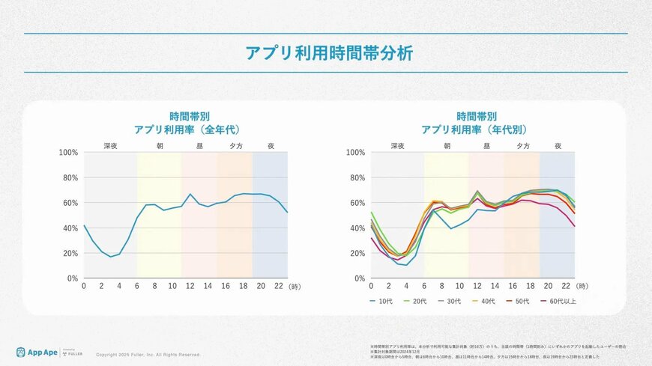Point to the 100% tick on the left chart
[x=69, y=153]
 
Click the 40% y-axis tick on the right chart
[x=357, y=228]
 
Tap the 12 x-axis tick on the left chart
[x=190, y=286]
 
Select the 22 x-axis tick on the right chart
[x=567, y=286]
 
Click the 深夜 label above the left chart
[x=110, y=146]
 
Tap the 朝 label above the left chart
[x=159, y=146]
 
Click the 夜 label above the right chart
[x=558, y=146]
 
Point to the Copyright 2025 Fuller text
[x=148, y=355]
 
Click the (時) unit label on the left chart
[x=296, y=286]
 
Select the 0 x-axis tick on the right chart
[x=372, y=286]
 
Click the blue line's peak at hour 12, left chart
[x=190, y=195]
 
